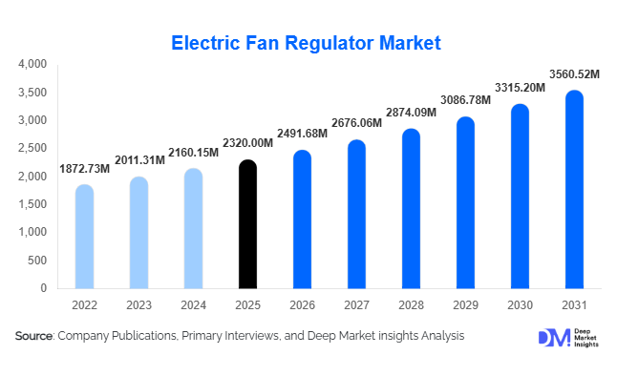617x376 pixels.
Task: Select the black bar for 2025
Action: click(x=247, y=224)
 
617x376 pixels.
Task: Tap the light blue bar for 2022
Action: click(x=84, y=237)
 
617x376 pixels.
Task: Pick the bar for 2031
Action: click(x=574, y=190)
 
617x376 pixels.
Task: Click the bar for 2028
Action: click(x=411, y=209)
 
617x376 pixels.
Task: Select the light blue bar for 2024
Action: click(x=193, y=229)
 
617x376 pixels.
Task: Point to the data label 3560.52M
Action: click(x=574, y=73)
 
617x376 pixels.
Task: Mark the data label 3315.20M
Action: click(x=520, y=88)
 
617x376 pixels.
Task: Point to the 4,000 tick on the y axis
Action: click(x=32, y=64)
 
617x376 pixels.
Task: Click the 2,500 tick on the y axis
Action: click(x=32, y=148)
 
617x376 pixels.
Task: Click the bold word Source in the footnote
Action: click(x=34, y=336)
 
